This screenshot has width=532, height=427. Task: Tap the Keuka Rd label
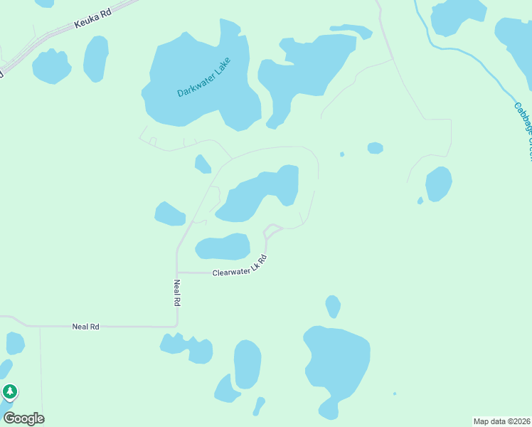(93, 19)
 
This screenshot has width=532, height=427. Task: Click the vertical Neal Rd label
(177, 292)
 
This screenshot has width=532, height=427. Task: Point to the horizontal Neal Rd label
(85, 327)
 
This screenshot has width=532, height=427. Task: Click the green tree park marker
(9, 392)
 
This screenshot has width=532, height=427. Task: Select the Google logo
(23, 418)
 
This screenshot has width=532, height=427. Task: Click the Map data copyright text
(501, 421)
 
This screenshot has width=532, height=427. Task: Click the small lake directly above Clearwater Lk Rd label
(223, 247)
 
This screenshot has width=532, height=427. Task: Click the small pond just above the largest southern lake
(333, 306)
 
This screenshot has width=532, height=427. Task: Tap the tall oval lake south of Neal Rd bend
(247, 363)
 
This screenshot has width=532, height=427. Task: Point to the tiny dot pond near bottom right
(395, 394)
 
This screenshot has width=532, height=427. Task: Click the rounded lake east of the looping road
(438, 184)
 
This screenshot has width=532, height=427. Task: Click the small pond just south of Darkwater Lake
(203, 164)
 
